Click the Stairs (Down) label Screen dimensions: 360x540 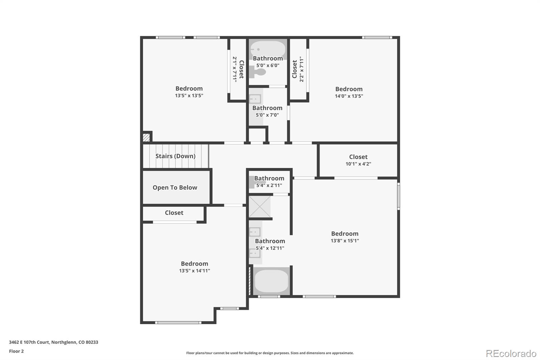tap(175, 156)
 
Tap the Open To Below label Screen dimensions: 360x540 tap(174, 187)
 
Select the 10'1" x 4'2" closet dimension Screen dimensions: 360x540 tap(358, 164)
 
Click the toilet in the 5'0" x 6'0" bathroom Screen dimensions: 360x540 tap(258, 72)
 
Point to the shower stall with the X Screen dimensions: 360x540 tap(260, 207)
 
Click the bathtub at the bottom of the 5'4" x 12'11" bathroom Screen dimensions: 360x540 tap(271, 281)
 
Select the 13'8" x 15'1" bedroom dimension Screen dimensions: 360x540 tap(345, 241)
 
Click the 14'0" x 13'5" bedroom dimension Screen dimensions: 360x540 tap(349, 96)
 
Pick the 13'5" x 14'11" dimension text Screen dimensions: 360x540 tap(194, 271)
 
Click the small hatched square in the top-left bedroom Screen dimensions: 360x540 tap(146, 137)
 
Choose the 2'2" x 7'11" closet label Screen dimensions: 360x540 tap(298, 69)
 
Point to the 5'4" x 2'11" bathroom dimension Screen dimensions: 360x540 tap(269, 185)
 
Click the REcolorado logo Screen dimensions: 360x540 tap(511, 353)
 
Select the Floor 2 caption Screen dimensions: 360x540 tap(16, 351)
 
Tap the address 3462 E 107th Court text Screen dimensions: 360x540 tap(53, 342)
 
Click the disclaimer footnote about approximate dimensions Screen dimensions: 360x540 tap(270, 353)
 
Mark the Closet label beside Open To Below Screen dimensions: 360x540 tap(174, 213)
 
